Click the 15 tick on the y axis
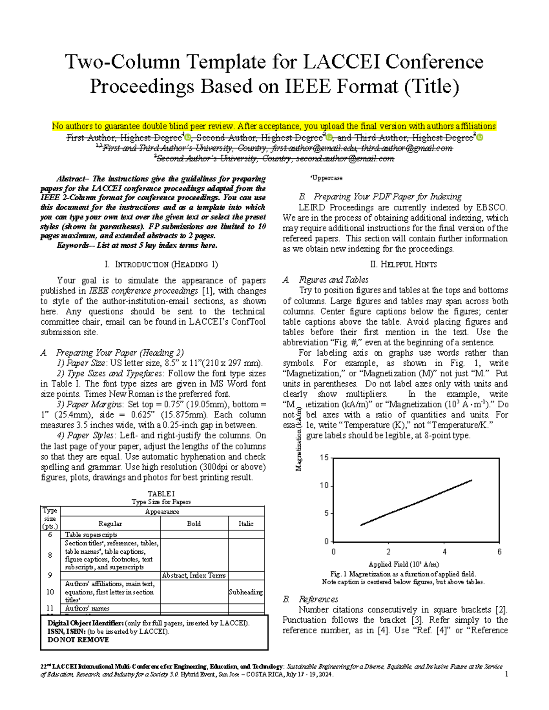click(324, 458)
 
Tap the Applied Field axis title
click(404, 564)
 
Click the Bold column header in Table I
click(194, 523)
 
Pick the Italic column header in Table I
click(246, 523)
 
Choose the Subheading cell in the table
click(246, 592)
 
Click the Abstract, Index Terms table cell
click(194, 576)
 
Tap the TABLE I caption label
click(161, 494)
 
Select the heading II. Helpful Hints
click(403, 264)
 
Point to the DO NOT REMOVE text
click(78, 640)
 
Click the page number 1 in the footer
click(506, 675)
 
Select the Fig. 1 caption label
click(339, 574)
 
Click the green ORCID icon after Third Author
click(479, 138)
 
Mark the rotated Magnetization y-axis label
click(298, 439)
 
